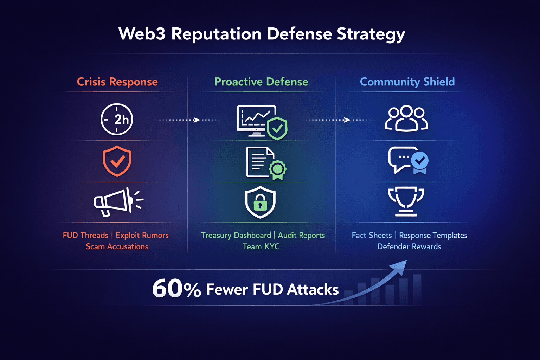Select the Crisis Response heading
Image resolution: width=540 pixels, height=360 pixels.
pos(117,82)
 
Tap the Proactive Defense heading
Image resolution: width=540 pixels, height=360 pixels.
pos(261,82)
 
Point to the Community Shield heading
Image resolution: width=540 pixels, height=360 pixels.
pos(407,82)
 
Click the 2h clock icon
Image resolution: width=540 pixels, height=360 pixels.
pos(117,120)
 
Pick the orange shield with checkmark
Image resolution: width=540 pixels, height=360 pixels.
pos(117,161)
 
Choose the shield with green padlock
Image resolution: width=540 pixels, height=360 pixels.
pos(260,202)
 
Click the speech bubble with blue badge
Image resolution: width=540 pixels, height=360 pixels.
pos(408,160)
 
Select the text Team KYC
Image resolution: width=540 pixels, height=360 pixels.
pos(261,247)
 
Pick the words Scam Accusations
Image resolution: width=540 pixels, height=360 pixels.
pos(117,247)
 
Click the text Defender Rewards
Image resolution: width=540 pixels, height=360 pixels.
pos(409,247)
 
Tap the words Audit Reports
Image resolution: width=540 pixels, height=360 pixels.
pos(301,236)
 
